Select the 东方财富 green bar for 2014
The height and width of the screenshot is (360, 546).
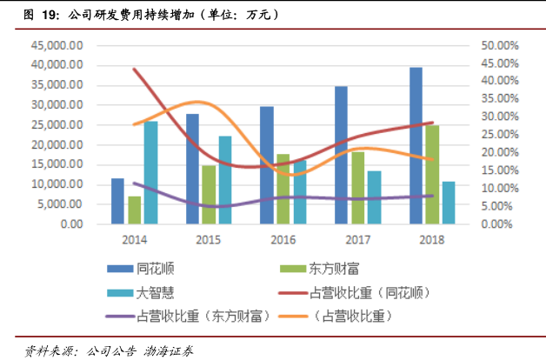tap(134, 210)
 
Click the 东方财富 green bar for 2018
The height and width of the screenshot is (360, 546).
tap(432, 174)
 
